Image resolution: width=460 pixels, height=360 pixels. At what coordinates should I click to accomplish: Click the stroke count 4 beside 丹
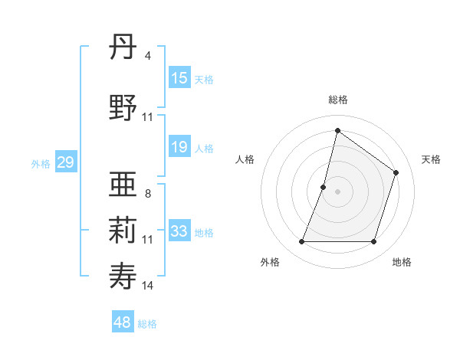pos(147,56)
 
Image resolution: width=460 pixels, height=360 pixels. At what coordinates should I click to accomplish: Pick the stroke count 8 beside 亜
pos(147,194)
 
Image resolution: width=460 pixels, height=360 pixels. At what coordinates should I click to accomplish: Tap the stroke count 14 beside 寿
pos(148,285)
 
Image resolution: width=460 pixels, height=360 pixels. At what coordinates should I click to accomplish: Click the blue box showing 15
pos(179,78)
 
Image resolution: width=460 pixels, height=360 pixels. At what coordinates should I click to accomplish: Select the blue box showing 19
pos(179,147)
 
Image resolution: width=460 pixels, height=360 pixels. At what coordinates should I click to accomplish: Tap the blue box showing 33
pos(179,231)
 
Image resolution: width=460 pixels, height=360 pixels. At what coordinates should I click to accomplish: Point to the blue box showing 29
pos(65,162)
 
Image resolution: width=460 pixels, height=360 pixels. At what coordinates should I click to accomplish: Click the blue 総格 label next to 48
pos(147,324)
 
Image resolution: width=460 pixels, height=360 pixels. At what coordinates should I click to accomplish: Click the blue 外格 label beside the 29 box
pos(41,164)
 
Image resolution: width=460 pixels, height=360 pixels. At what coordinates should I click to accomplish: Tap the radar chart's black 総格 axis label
pos(338,100)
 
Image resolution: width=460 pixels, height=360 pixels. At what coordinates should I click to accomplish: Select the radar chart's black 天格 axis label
pos(431,159)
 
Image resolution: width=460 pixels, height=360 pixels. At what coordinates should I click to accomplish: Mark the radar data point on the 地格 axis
pos(374,242)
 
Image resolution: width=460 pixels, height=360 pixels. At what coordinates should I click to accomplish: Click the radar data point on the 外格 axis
pos(301,242)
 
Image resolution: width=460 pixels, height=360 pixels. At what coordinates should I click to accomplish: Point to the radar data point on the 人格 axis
pos(324,187)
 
